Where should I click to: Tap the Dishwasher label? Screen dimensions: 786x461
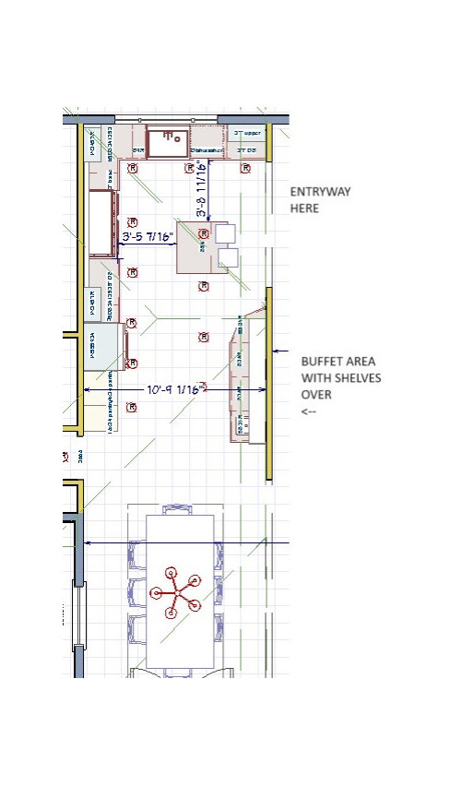click(x=208, y=149)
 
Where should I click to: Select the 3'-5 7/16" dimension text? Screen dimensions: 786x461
click(x=148, y=237)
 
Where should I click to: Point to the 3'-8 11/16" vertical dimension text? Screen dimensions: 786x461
click(x=201, y=190)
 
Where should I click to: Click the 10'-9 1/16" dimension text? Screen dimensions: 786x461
click(x=175, y=390)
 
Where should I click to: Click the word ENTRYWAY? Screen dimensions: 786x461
click(x=322, y=192)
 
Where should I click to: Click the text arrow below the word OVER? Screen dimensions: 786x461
click(x=308, y=411)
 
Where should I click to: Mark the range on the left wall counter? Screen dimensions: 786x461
click(x=101, y=221)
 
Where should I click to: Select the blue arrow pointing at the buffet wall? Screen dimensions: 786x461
click(x=281, y=351)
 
